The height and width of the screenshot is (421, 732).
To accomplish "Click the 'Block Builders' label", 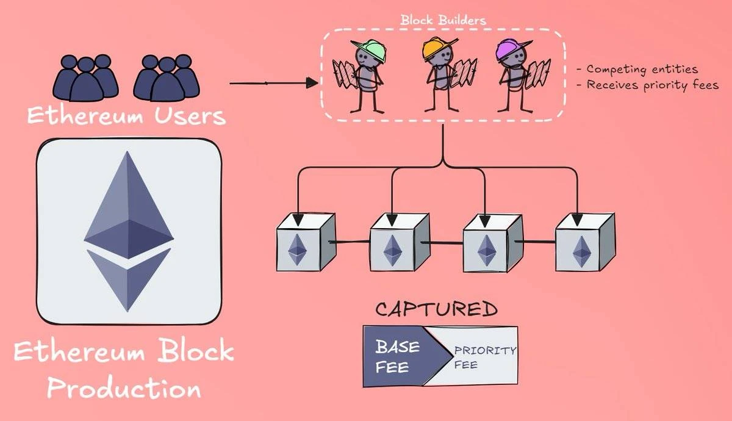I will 443,20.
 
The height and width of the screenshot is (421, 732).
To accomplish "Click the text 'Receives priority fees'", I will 648,85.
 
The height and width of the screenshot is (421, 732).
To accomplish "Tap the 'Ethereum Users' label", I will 126,115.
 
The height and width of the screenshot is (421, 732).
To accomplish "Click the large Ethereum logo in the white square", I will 128,232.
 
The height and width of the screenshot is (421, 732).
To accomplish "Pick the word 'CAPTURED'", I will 436,309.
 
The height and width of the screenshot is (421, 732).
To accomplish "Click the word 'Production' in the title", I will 124,388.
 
